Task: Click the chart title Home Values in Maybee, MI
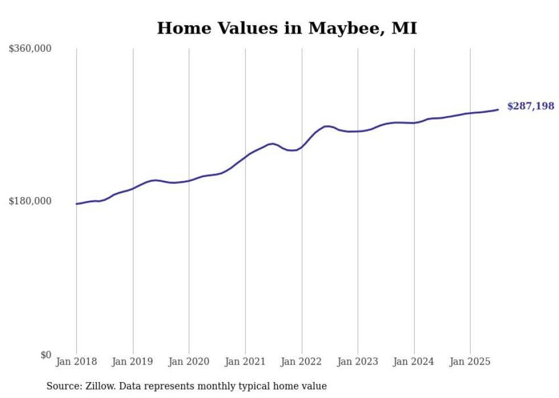tap(287, 28)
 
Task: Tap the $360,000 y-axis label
tap(30, 49)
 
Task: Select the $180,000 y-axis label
tap(30, 201)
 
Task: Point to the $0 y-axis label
tap(46, 355)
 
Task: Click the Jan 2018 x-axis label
tap(76, 362)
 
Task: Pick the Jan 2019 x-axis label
tap(133, 362)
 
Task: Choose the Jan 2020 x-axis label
tap(189, 362)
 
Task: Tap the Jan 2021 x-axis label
tap(245, 362)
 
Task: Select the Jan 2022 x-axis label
tap(302, 362)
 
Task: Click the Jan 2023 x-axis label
tap(358, 362)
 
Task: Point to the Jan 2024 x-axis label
tap(414, 362)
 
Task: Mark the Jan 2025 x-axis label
tap(470, 362)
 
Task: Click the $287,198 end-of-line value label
tap(530, 106)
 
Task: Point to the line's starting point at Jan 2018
tap(76, 204)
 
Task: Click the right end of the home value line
tap(498, 109)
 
